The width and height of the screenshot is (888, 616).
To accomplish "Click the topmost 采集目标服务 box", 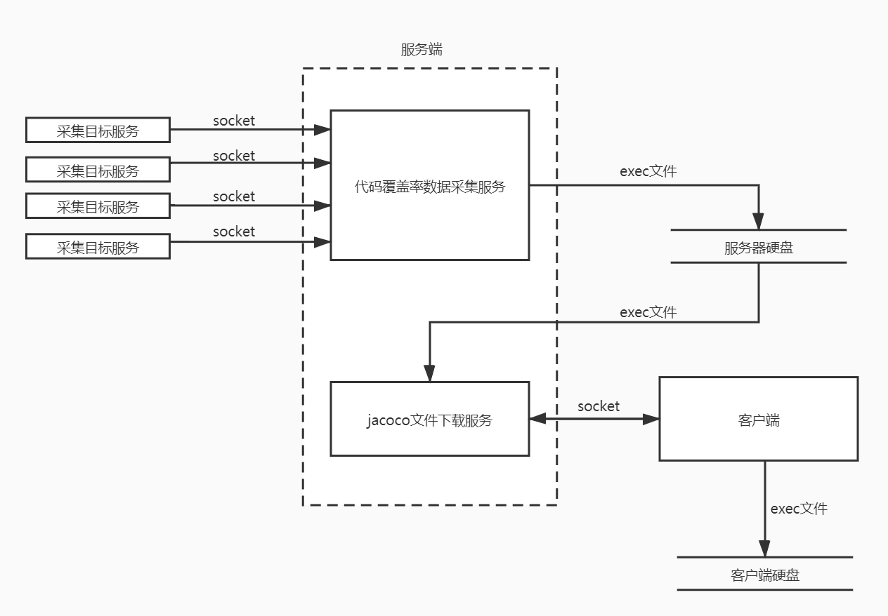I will click(98, 130).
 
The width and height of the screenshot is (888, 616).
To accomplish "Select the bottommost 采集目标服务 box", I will click(98, 247).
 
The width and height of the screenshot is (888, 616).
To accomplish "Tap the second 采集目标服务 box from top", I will click(98, 170).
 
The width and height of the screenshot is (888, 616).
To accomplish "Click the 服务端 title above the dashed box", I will click(422, 50).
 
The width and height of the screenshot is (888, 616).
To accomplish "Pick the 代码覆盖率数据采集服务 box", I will click(429, 185).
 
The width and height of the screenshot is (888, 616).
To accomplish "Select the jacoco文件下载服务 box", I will click(429, 420).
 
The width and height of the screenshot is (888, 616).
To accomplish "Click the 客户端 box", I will click(758, 420).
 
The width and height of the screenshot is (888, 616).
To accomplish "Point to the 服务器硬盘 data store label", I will click(759, 247).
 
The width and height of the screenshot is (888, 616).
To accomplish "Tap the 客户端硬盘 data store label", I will click(764, 575).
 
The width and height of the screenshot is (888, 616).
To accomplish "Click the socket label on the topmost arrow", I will click(234, 121).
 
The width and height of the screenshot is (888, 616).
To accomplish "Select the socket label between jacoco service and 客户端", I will click(599, 406).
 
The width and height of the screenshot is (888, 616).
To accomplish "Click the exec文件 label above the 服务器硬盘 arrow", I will click(648, 171).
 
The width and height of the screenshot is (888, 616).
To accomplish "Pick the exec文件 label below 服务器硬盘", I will click(648, 312).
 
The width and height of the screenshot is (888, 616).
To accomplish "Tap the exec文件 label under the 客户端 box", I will click(799, 509).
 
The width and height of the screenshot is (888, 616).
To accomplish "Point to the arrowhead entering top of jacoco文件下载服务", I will click(429, 373).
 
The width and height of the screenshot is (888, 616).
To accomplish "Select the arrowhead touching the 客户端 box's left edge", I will click(651, 419).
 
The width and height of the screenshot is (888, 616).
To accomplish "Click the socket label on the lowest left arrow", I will click(234, 232).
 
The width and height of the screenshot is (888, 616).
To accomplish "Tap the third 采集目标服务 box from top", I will click(98, 206).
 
